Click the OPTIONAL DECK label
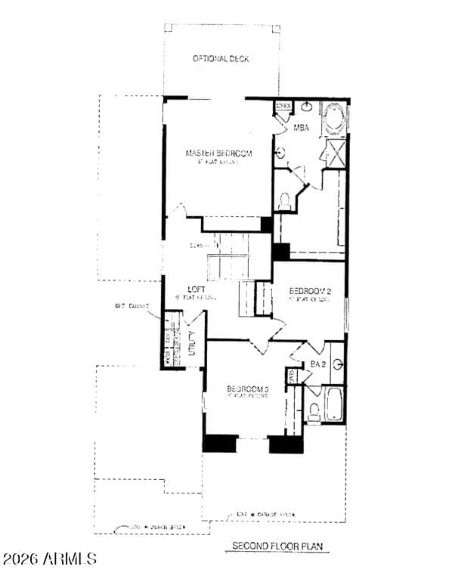pyautogui.click(x=221, y=59)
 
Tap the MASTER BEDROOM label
pyautogui.click(x=218, y=153)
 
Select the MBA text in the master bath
pyautogui.click(x=301, y=128)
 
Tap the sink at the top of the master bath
pyautogui.click(x=308, y=107)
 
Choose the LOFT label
pyautogui.click(x=197, y=289)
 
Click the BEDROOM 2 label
pyautogui.click(x=311, y=291)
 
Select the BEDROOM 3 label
pyautogui.click(x=247, y=390)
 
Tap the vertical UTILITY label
pyautogui.click(x=192, y=344)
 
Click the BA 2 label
pyautogui.click(x=317, y=364)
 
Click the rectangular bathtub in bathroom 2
pyautogui.click(x=334, y=406)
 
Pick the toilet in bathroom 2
pyautogui.click(x=314, y=410)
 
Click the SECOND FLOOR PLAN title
pyautogui.click(x=278, y=545)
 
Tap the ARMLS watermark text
pyautogui.click(x=49, y=559)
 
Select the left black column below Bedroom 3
pyautogui.click(x=220, y=444)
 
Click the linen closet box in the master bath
pyautogui.click(x=283, y=107)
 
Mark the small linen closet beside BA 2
pyautogui.click(x=291, y=376)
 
